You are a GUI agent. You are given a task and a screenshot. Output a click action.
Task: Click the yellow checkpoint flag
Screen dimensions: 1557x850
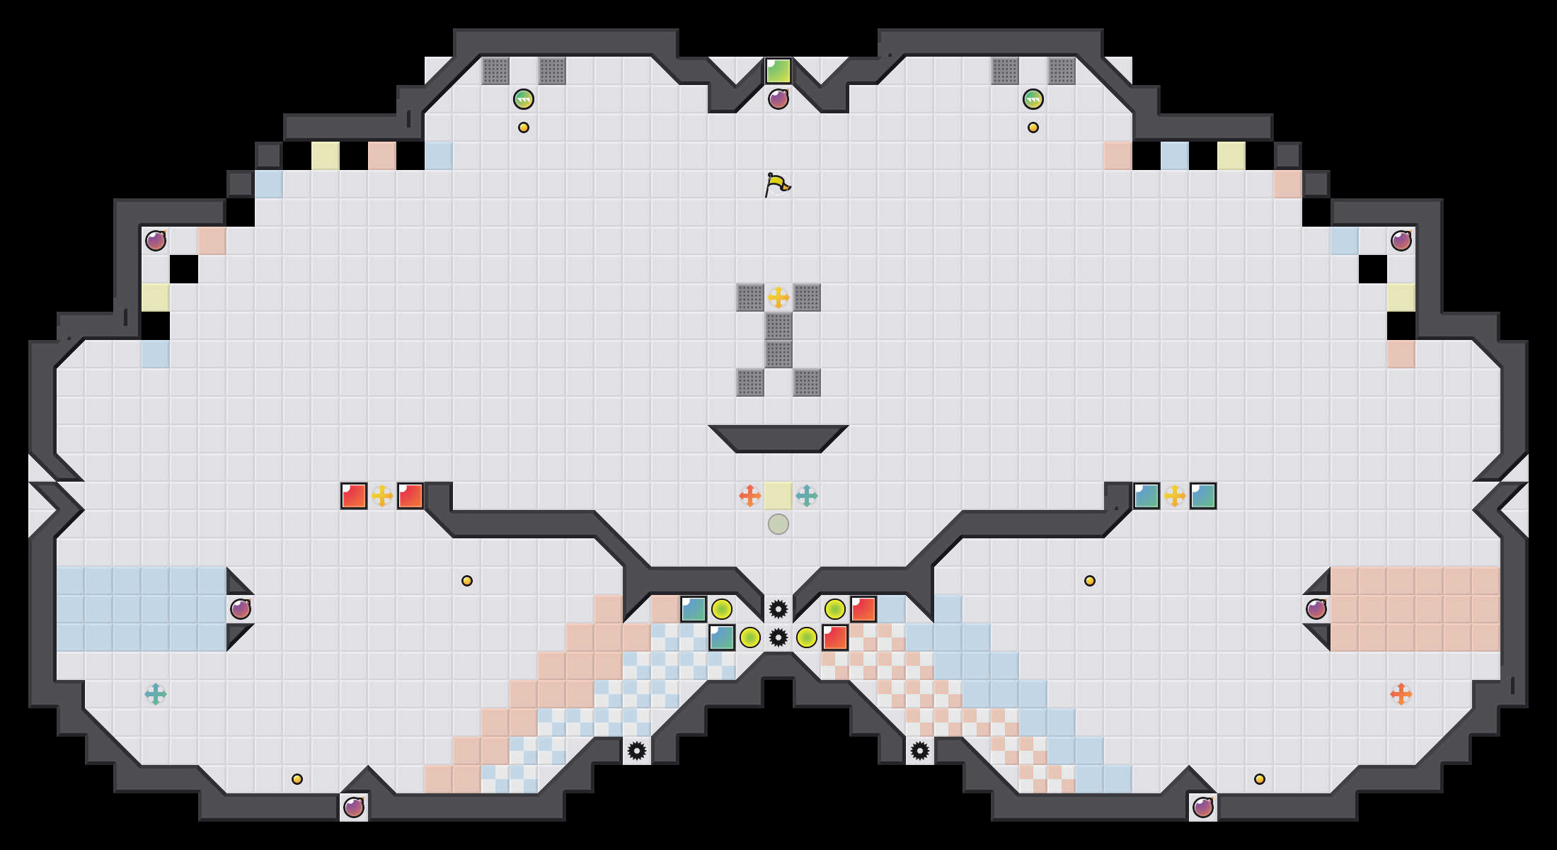(x=777, y=184)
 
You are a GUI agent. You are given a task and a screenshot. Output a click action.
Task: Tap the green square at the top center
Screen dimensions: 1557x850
(x=778, y=71)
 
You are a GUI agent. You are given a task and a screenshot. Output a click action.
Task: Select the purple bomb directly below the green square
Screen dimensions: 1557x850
(x=778, y=99)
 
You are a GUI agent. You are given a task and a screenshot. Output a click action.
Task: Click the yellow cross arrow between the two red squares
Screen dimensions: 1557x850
(x=382, y=496)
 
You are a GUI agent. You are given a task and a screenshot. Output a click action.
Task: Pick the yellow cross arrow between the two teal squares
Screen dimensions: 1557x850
(x=1175, y=496)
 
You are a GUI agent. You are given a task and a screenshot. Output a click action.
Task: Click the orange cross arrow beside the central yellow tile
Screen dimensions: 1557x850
(x=750, y=496)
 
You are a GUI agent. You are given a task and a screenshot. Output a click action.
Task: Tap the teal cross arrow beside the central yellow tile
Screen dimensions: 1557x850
(x=807, y=496)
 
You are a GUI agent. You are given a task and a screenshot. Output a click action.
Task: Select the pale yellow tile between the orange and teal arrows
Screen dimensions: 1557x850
(x=778, y=496)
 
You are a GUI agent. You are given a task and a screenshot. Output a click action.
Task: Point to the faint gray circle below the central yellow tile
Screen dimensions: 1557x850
(x=778, y=524)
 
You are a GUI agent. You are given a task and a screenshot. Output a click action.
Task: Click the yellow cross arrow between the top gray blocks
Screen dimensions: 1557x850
(x=778, y=297)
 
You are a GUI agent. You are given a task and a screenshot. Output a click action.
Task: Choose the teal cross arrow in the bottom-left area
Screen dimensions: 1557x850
(x=156, y=694)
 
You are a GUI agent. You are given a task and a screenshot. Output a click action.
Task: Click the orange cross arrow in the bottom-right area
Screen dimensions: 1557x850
(x=1401, y=694)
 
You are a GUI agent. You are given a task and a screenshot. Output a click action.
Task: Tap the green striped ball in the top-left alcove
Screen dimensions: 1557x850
(x=524, y=99)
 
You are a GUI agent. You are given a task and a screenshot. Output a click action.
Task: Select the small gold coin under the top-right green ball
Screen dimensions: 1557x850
(x=1033, y=127)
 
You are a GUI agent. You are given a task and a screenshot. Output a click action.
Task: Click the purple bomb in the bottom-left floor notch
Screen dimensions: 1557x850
(x=354, y=807)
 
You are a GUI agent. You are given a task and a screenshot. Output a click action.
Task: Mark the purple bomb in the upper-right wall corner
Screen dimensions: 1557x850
(x=1401, y=241)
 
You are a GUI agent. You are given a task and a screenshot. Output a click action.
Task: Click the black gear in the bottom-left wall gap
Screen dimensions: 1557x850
(x=637, y=751)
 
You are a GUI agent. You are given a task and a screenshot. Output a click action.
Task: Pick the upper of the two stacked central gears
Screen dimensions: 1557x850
(x=778, y=609)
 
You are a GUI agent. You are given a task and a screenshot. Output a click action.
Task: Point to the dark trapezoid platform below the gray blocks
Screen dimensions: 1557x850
(x=778, y=438)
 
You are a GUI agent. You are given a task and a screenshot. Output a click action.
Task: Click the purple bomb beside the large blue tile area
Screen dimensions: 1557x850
(x=241, y=609)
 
